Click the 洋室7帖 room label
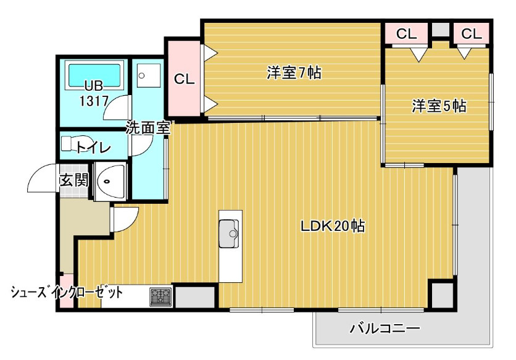point(293,73)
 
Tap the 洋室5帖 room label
point(439,106)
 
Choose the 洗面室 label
point(148,128)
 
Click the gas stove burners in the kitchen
point(160,297)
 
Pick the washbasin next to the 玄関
point(109,182)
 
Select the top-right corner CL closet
point(471,34)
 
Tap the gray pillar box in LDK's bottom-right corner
point(442,295)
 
